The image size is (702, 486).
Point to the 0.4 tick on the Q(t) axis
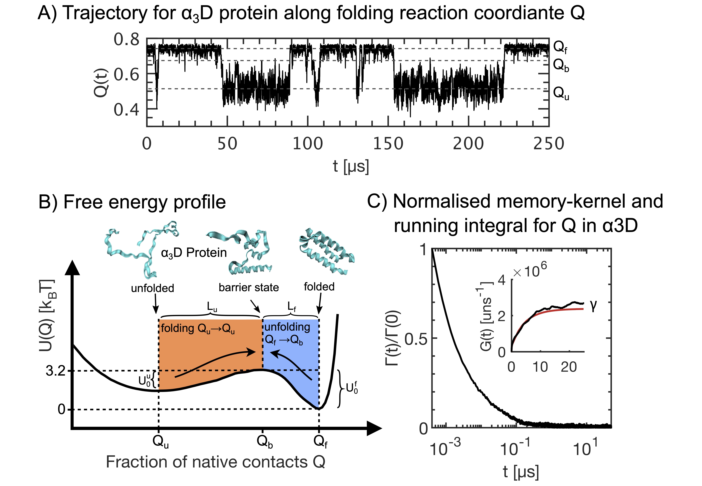(126, 110)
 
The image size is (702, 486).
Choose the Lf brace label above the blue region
(292, 308)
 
